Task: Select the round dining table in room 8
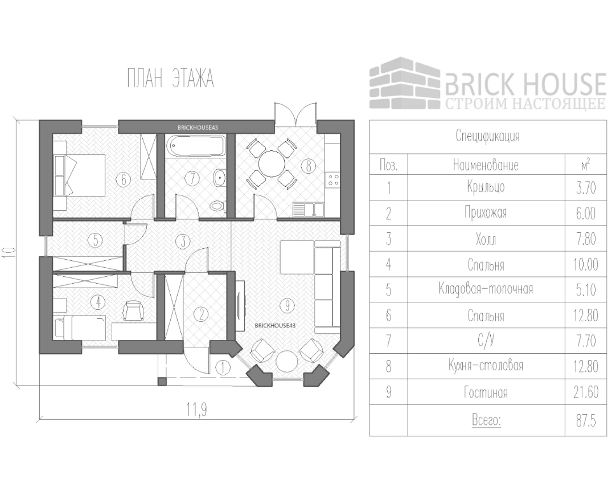click(x=272, y=166)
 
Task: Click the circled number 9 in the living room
click(x=287, y=306)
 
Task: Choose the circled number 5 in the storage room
click(x=95, y=240)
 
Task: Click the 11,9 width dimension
click(x=195, y=408)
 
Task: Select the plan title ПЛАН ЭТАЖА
click(x=170, y=79)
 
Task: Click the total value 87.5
click(x=586, y=421)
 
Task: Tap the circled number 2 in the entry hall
click(x=200, y=313)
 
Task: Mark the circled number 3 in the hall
click(x=182, y=240)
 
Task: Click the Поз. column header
click(x=388, y=166)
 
